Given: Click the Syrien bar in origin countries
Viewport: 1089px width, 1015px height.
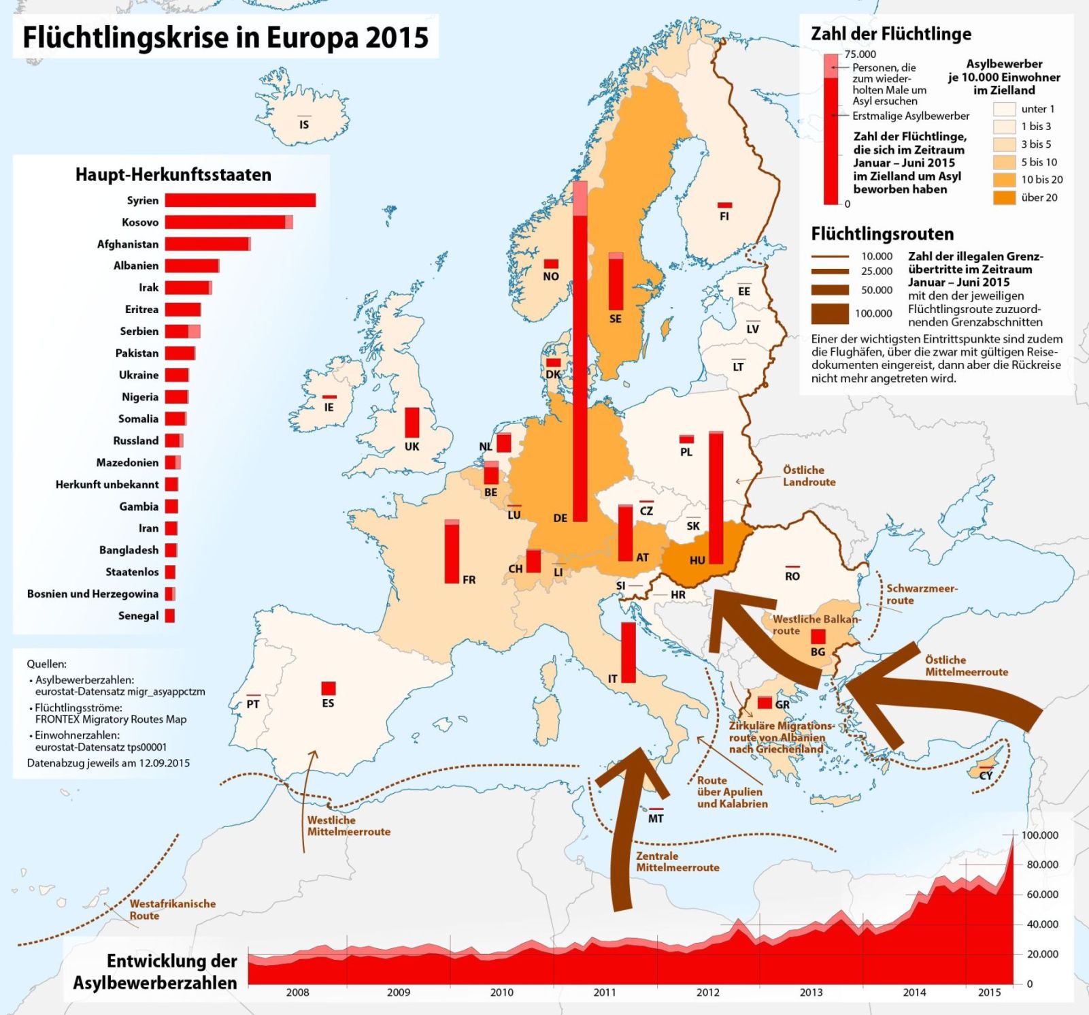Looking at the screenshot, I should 239,200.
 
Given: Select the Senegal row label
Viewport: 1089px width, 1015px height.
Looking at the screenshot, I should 138,615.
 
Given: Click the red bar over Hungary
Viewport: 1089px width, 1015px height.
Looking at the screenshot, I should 716,497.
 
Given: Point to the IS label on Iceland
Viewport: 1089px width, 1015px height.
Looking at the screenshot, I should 304,125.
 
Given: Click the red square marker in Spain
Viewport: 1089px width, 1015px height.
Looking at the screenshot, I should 329,688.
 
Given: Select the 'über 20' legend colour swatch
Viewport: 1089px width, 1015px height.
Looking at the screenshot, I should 1004,197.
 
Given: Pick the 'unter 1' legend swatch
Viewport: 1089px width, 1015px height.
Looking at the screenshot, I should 1004,109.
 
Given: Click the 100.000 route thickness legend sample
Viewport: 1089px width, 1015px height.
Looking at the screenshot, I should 830,313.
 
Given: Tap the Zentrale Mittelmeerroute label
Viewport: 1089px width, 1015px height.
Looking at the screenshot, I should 677,862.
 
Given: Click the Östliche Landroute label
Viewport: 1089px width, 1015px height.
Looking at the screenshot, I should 808,476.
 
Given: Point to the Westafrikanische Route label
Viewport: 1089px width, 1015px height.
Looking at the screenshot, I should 172,909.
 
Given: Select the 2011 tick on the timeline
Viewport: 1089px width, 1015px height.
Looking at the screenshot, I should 604,992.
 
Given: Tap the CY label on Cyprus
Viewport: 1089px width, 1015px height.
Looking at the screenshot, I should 986,775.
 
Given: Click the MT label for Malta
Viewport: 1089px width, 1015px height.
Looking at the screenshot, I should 656,818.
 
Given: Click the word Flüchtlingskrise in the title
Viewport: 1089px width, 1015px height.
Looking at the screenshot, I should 124,37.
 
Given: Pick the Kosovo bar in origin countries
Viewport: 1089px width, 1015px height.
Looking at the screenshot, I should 228,222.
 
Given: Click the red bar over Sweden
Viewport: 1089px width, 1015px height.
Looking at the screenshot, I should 616,283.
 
